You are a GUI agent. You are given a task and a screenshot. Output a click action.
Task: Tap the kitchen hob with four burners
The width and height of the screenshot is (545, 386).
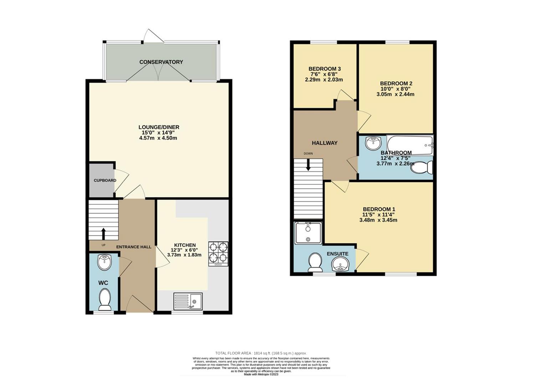coord(218,254)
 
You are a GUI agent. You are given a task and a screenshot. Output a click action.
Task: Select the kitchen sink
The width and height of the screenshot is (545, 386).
coord(188,301)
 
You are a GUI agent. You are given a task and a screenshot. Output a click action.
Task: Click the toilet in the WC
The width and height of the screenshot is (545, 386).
coord(105,299)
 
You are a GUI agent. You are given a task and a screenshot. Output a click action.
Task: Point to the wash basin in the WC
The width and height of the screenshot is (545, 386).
coord(104,262)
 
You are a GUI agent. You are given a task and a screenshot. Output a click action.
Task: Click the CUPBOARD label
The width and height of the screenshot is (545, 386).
coord(105,180)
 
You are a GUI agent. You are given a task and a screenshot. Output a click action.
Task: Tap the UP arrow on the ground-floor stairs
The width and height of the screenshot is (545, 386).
coord(104,234)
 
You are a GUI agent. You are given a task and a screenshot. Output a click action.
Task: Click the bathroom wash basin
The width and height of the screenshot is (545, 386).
coord(373,143)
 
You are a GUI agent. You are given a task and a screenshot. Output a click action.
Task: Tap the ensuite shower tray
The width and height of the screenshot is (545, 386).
coord(309,233)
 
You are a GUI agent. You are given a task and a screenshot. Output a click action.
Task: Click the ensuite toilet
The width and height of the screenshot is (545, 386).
coord(315,262)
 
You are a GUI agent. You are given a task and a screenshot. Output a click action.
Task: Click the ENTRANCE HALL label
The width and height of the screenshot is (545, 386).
coord(134,247)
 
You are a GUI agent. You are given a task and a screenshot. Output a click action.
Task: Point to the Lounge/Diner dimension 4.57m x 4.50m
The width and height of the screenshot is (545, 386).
coord(158,138)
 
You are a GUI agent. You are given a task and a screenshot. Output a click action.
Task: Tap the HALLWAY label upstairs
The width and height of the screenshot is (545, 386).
coord(325,143)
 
